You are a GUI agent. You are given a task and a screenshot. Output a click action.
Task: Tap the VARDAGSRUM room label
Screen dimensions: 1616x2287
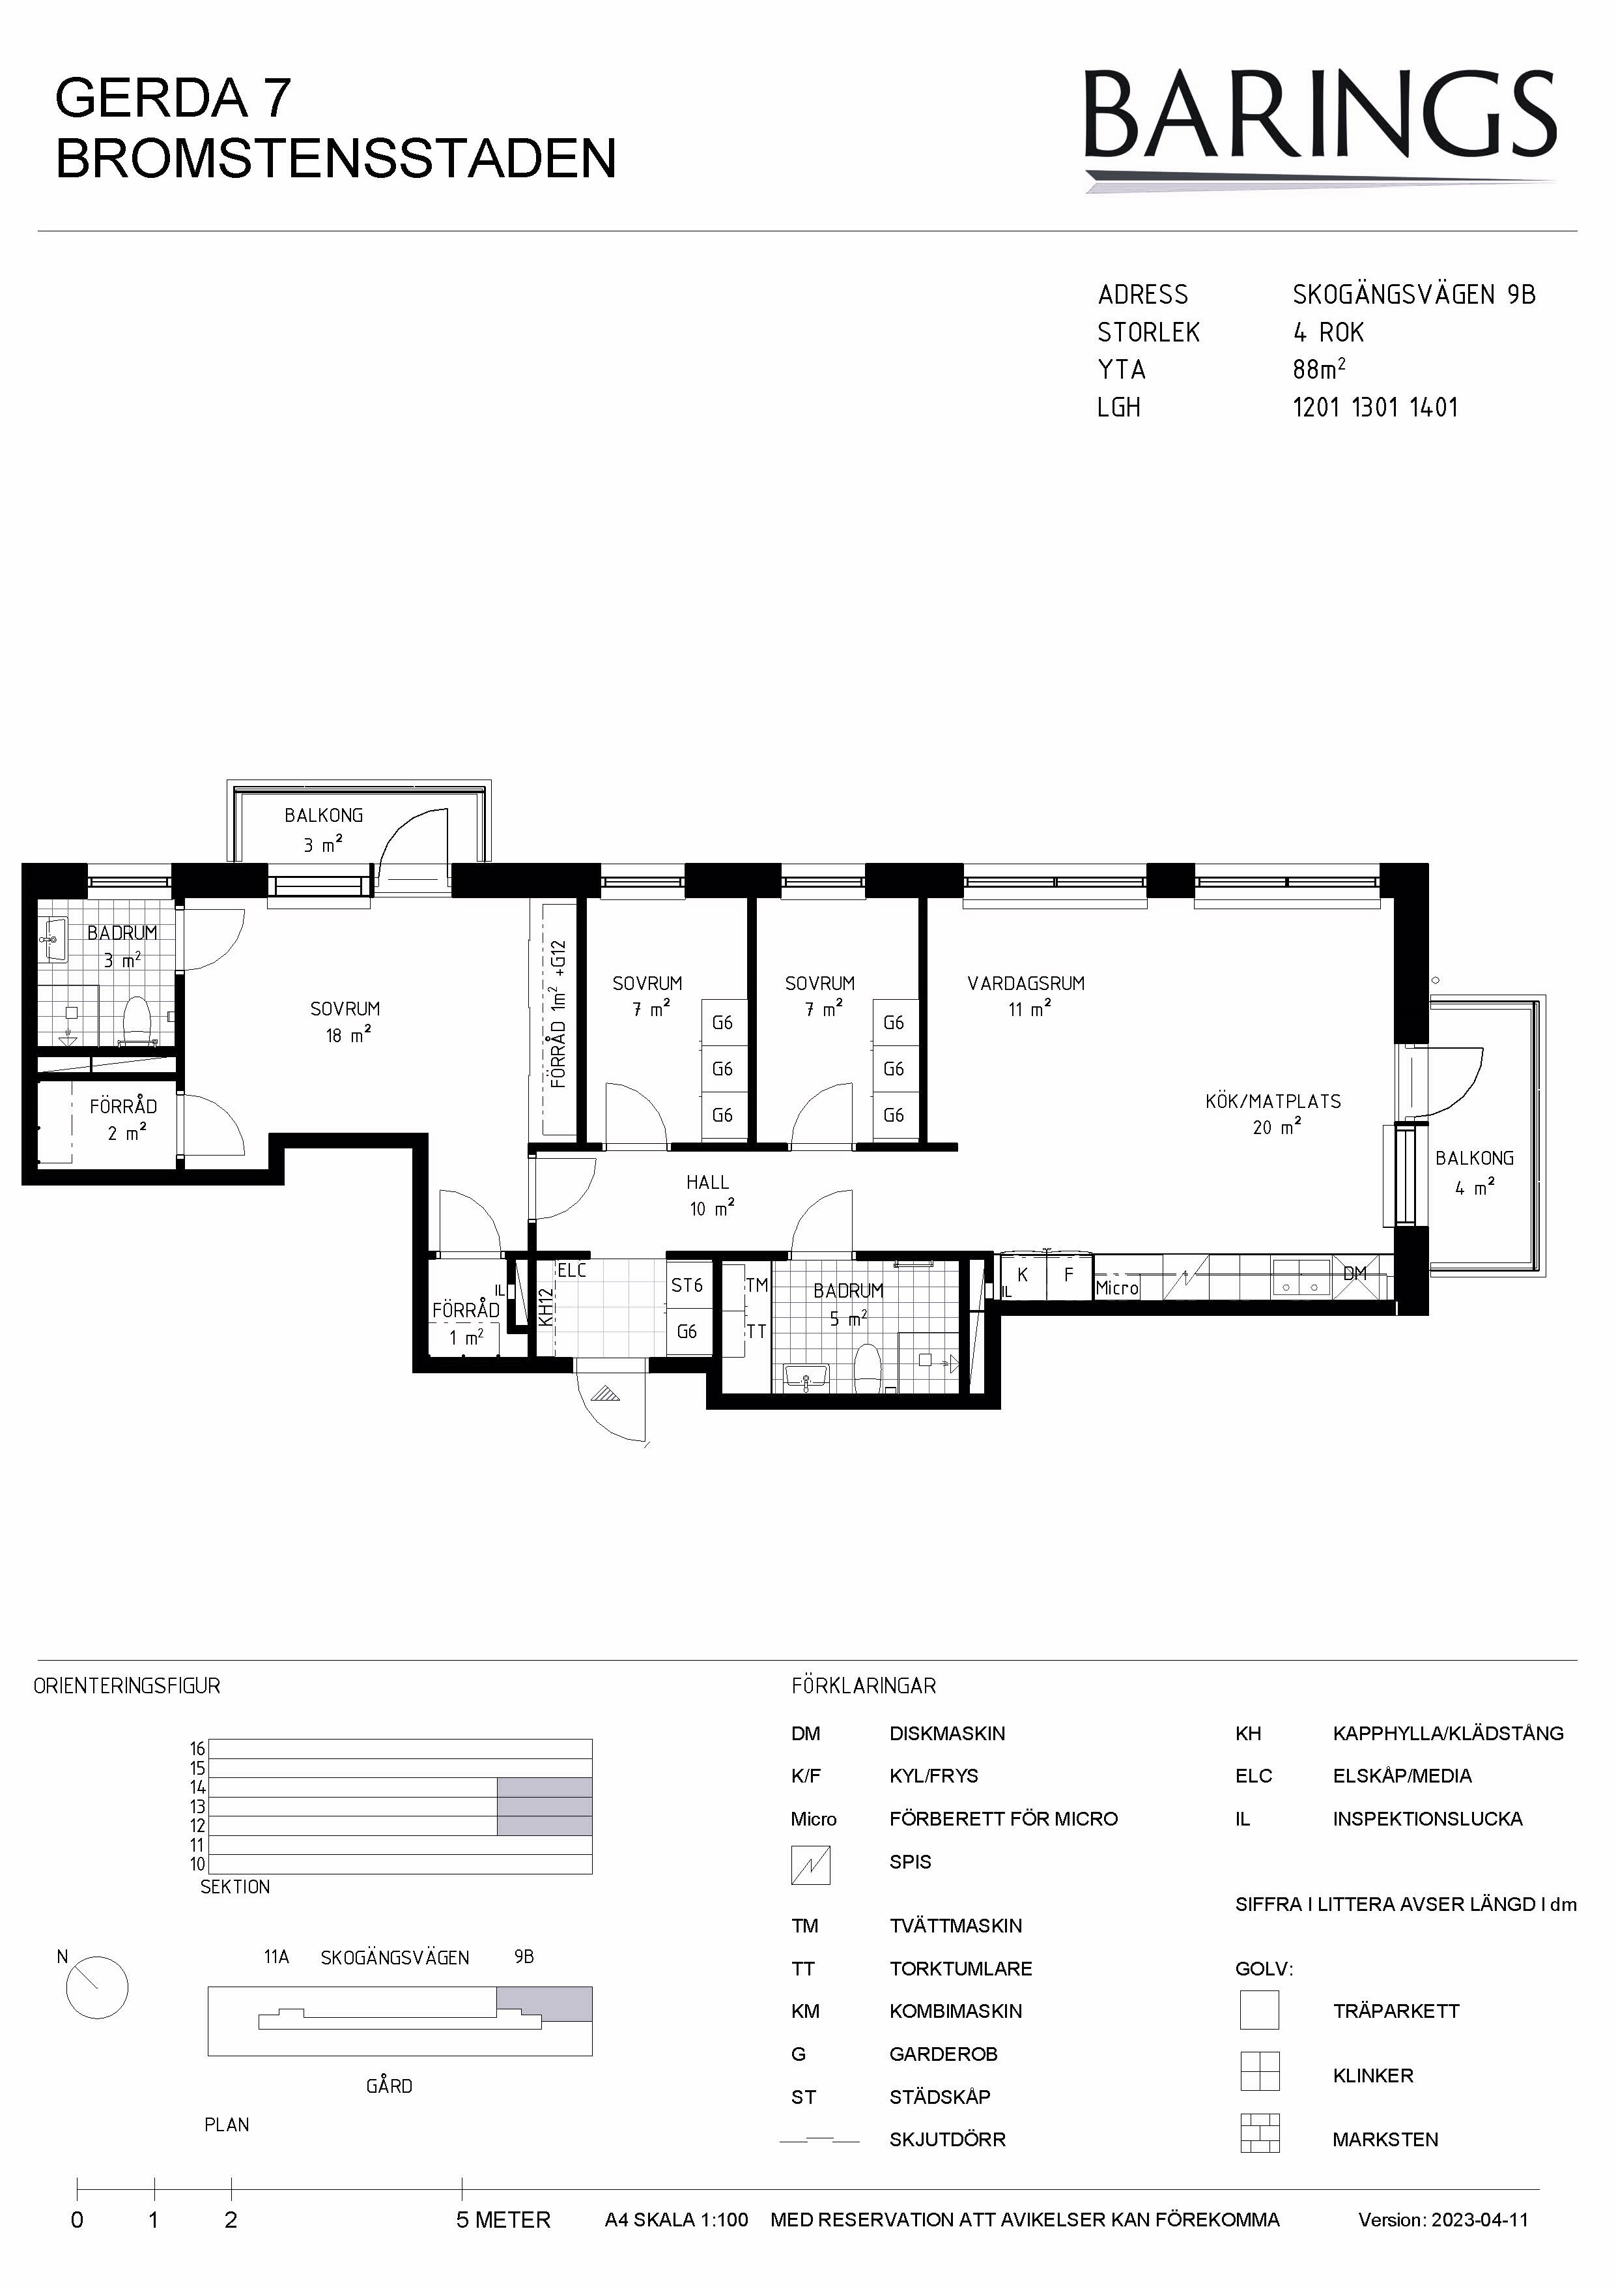1026,983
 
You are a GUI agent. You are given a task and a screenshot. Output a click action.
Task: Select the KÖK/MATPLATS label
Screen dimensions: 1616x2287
1273,1101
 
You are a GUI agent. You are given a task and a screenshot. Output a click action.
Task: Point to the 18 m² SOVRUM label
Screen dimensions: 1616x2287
345,1009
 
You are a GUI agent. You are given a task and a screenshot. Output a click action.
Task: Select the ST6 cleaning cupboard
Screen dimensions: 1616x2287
687,1285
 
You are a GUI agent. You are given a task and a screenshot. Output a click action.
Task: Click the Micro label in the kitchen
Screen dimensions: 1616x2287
1117,1288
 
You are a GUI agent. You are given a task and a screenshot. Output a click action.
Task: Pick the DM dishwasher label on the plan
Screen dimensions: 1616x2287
1354,1273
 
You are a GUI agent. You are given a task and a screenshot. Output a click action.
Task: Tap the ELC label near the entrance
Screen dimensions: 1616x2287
571,1270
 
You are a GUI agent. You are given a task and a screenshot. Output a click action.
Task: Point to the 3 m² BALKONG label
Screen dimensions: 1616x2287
324,815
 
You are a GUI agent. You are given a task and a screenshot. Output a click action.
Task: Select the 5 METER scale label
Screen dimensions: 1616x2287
503,2221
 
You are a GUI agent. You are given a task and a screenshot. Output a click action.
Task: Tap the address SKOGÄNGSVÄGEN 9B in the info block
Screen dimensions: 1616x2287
1414,295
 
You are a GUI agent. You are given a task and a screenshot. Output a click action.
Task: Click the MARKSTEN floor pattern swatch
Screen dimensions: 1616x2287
1260,2134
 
